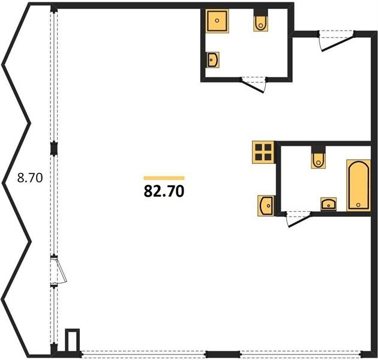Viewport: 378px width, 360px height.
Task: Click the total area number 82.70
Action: click(164, 191)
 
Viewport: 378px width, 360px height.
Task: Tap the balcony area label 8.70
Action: click(30, 178)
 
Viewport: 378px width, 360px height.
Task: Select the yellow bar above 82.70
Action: click(164, 178)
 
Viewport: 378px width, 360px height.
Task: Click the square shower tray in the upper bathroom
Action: click(217, 21)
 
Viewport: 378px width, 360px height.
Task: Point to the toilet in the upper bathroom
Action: click(260, 23)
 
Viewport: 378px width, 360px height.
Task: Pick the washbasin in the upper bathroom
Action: click(212, 60)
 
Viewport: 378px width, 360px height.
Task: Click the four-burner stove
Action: click(263, 152)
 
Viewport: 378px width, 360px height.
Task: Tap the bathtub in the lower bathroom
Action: click(358, 185)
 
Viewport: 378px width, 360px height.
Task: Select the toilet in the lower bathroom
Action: click(318, 160)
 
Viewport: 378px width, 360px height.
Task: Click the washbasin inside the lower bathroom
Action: click(328, 204)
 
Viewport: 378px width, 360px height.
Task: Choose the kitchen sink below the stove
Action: click(266, 206)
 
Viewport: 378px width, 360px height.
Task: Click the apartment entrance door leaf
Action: click(338, 43)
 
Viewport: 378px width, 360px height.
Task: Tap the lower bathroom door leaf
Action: click(299, 220)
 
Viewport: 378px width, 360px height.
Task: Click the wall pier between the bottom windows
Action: click(223, 354)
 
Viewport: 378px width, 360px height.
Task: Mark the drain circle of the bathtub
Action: click(358, 205)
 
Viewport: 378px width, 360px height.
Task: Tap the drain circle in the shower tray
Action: click(217, 21)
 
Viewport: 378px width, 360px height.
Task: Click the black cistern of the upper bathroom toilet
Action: click(260, 12)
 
